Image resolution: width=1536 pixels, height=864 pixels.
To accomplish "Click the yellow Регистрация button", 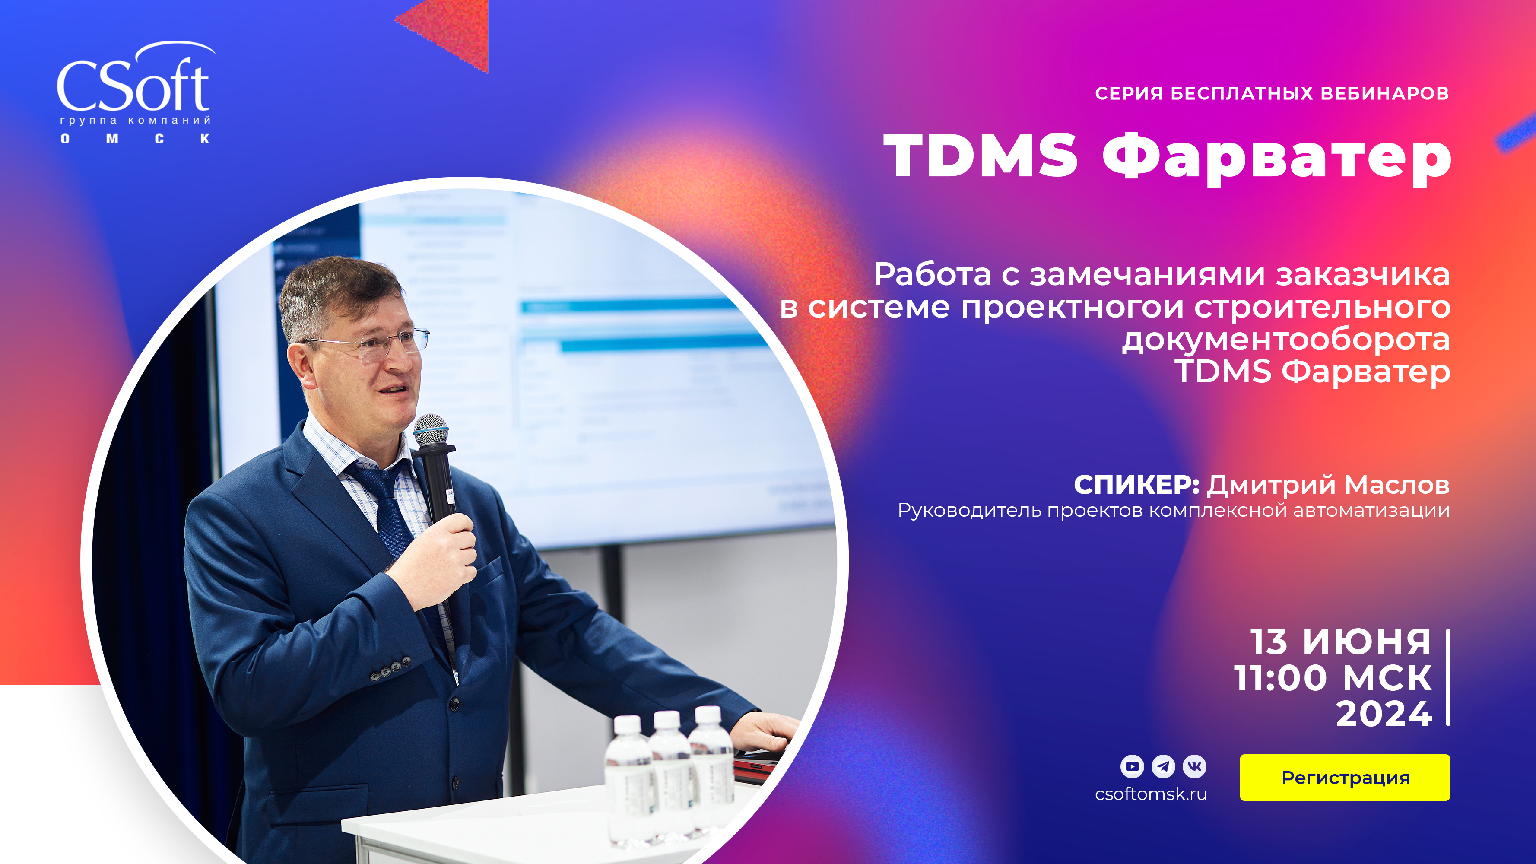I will pos(1345,778).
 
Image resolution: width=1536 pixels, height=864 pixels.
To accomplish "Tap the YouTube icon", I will pos(1132,766).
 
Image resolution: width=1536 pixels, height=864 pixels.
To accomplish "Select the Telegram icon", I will pos(1163,766).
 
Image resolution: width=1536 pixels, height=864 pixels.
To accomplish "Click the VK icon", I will pos(1194,766).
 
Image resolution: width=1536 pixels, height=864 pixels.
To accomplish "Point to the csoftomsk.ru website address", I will pos(1151,794).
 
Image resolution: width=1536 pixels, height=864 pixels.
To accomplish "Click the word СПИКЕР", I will pos(1136,485).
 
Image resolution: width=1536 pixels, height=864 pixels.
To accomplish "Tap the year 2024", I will pos(1384,714).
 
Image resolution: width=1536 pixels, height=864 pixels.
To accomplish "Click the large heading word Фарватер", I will pos(1276,156).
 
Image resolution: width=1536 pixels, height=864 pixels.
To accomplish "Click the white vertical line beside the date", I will pos(1448,677).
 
